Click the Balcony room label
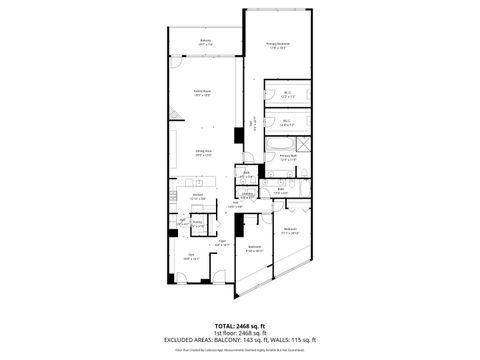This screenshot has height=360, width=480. [x=205, y=41]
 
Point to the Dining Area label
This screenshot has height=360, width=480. [x=203, y=153]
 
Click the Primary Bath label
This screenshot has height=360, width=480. [x=288, y=156]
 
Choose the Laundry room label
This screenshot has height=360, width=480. [x=246, y=196]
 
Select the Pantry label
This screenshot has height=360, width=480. [x=198, y=223]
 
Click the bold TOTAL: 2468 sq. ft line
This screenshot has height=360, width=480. [x=240, y=326]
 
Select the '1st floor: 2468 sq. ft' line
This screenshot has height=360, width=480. [x=240, y=334]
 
